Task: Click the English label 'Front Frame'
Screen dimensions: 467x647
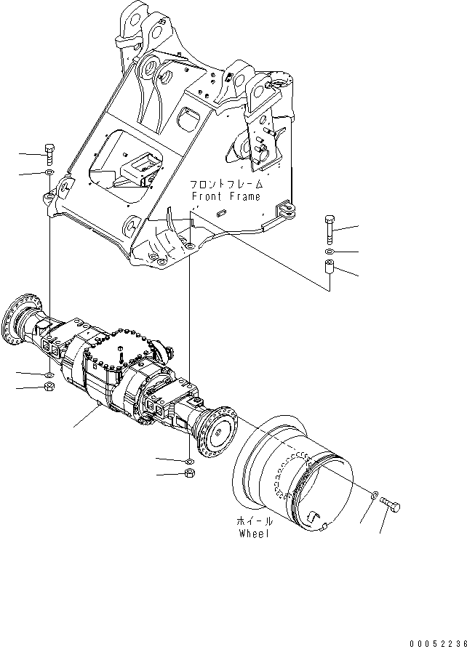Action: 225,196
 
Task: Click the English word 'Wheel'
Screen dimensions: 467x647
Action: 254,534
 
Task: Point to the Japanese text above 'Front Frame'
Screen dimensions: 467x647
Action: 226,184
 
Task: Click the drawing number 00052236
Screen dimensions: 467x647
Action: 438,643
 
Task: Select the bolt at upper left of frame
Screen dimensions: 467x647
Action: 49,154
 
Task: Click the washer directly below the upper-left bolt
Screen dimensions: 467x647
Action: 49,172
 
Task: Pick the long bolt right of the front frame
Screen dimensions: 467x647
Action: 330,230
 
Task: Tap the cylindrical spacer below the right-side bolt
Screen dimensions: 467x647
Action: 330,267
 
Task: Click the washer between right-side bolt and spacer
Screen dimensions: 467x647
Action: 330,252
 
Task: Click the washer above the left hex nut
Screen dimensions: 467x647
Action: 49,374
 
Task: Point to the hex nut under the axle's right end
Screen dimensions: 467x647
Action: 190,473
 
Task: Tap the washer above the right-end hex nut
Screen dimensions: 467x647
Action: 190,461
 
